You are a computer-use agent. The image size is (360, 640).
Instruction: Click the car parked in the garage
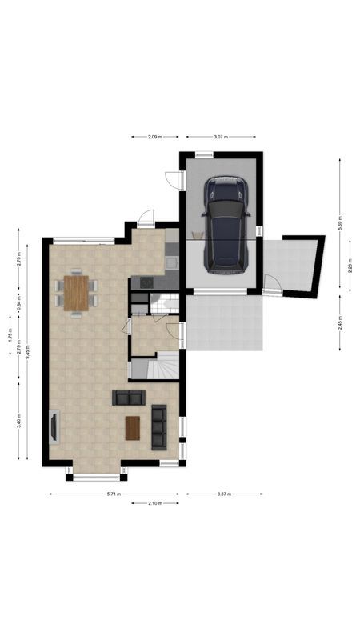coord(226,225)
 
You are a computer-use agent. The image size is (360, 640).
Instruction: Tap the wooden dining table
coord(76,292)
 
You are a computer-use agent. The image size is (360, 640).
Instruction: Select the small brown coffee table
coord(133,429)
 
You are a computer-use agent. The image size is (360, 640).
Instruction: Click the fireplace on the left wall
coord(54,426)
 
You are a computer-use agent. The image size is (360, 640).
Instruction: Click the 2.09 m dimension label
coord(155,138)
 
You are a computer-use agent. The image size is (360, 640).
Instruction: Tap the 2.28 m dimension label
coord(350,268)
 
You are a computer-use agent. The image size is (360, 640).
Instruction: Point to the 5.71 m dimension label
coord(114,494)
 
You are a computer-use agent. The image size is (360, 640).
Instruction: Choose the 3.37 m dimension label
coord(224,494)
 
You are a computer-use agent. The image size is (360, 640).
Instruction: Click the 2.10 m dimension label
coord(155,503)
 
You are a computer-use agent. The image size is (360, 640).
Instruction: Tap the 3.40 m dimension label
coord(18,419)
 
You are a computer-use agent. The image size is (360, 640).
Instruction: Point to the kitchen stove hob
coord(145,282)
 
